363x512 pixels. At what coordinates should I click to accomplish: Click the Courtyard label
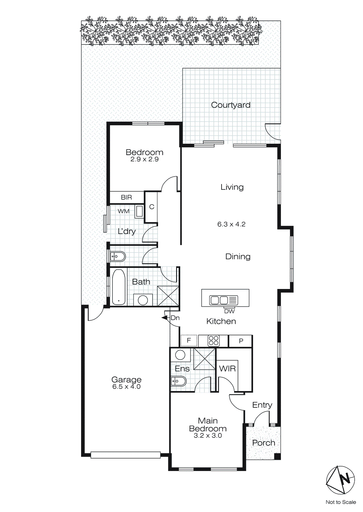point(231,105)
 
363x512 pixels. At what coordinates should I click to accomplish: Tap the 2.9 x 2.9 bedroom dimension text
point(144,159)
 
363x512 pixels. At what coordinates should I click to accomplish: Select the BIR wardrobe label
point(126,197)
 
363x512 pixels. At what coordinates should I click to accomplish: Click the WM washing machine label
point(123,211)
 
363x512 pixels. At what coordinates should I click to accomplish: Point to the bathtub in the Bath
point(119,287)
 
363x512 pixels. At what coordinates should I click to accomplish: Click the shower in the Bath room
point(168,296)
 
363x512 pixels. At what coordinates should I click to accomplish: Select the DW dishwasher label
point(229,311)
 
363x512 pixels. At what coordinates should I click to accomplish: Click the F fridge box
point(189,340)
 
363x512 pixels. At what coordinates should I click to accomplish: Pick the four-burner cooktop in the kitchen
point(214,341)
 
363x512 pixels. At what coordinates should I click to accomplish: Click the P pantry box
point(241,341)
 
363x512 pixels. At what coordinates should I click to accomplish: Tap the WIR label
point(227,369)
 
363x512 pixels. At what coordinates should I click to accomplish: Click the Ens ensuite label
point(182,369)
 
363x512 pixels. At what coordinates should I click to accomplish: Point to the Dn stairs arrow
point(165,318)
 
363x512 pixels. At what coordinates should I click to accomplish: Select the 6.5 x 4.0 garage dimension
point(126,387)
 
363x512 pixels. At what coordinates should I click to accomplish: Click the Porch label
point(264,443)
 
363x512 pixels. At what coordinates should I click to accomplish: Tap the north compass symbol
point(340,480)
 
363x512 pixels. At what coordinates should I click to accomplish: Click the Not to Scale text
point(341,502)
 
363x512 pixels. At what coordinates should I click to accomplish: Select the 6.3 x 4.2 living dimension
point(231,224)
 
